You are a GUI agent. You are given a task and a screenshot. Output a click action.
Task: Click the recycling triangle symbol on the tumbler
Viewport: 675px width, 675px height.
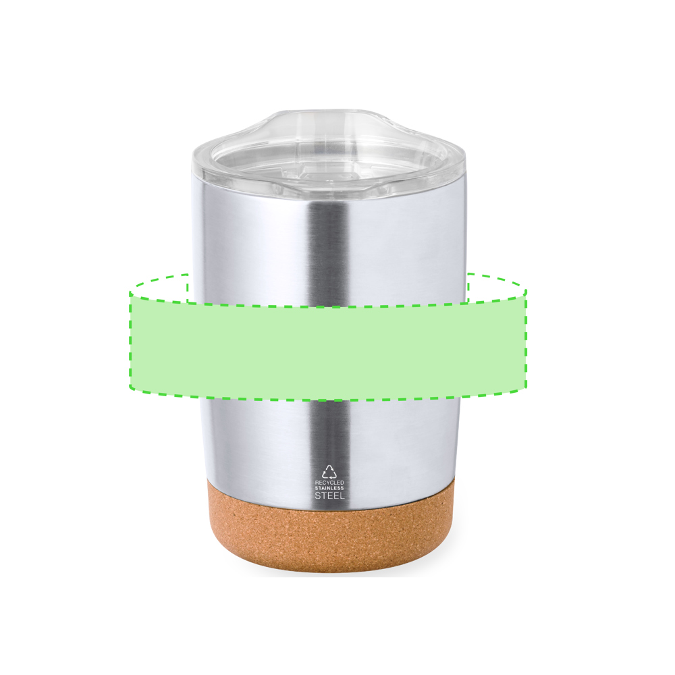[330, 472]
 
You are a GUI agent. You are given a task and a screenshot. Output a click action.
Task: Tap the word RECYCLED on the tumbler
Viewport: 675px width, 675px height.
[329, 483]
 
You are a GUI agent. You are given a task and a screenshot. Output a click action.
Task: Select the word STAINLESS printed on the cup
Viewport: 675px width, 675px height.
[329, 488]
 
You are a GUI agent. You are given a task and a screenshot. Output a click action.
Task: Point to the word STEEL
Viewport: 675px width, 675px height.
[330, 495]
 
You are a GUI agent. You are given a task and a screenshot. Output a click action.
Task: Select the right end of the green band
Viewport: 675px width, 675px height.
[526, 341]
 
